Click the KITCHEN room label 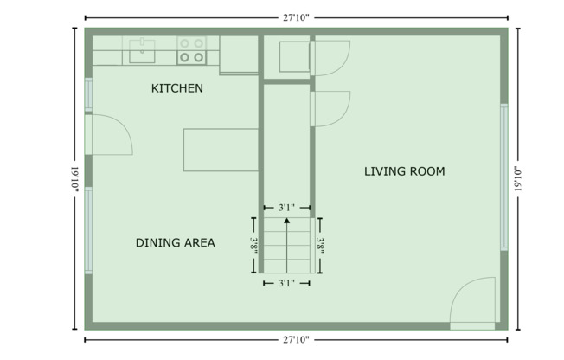(x=177, y=88)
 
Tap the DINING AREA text (x=175, y=242)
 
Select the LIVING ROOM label (x=404, y=171)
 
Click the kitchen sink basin (x=142, y=50)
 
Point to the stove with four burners (x=191, y=50)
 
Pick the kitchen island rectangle (x=221, y=150)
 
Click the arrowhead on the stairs (x=287, y=223)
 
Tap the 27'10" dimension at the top (x=295, y=16)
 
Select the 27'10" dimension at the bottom (x=295, y=340)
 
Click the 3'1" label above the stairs (x=287, y=207)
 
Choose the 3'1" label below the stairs (x=287, y=282)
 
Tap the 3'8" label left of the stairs (x=253, y=245)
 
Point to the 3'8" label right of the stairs (x=320, y=245)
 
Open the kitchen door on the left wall (x=108, y=135)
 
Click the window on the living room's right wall (x=503, y=177)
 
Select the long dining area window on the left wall (x=87, y=230)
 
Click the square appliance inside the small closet (x=292, y=56)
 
